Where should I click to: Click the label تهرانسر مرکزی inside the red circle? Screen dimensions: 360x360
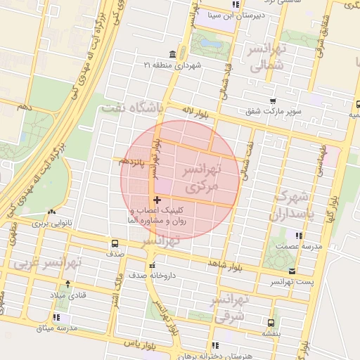tap(201, 180)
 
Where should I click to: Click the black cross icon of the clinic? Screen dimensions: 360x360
tap(157, 200)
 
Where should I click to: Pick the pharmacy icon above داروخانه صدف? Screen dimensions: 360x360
tap(152, 265)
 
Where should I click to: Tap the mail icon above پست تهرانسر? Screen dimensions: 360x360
tap(292, 271)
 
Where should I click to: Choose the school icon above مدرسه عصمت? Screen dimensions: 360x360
tap(300, 236)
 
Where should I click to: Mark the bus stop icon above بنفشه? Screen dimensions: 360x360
tap(269, 322)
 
